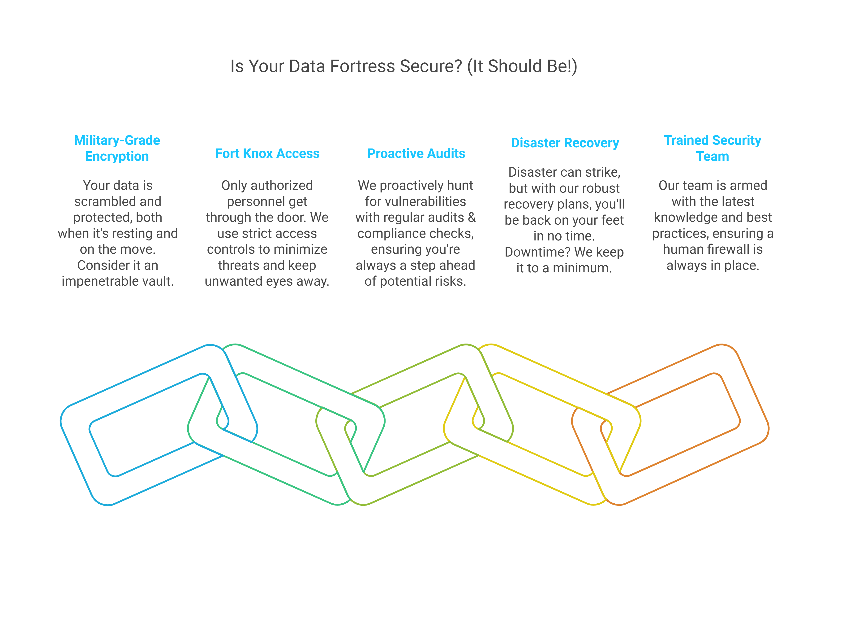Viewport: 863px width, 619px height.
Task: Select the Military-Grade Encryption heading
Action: [x=117, y=148]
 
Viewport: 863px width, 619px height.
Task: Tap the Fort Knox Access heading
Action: [x=267, y=153]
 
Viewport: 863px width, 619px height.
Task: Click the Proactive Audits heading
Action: [x=416, y=153]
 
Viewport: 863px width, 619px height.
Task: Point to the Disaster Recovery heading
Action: [x=565, y=143]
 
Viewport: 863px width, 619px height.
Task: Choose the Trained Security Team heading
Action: [x=712, y=148]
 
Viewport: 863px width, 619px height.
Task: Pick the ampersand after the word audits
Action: [x=472, y=218]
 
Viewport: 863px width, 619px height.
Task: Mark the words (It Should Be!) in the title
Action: [x=522, y=66]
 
